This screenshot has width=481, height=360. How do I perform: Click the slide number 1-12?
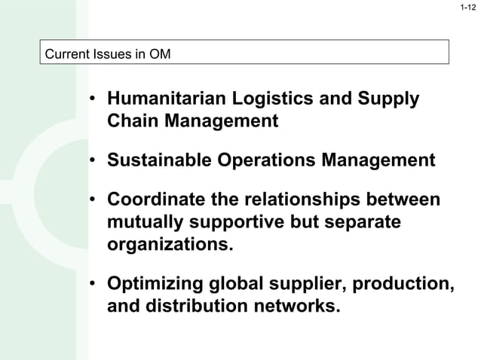click(x=467, y=8)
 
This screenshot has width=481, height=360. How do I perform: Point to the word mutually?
click(x=145, y=223)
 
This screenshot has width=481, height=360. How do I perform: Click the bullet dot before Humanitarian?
click(x=90, y=101)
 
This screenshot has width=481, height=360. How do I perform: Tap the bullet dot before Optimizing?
click(x=90, y=285)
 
